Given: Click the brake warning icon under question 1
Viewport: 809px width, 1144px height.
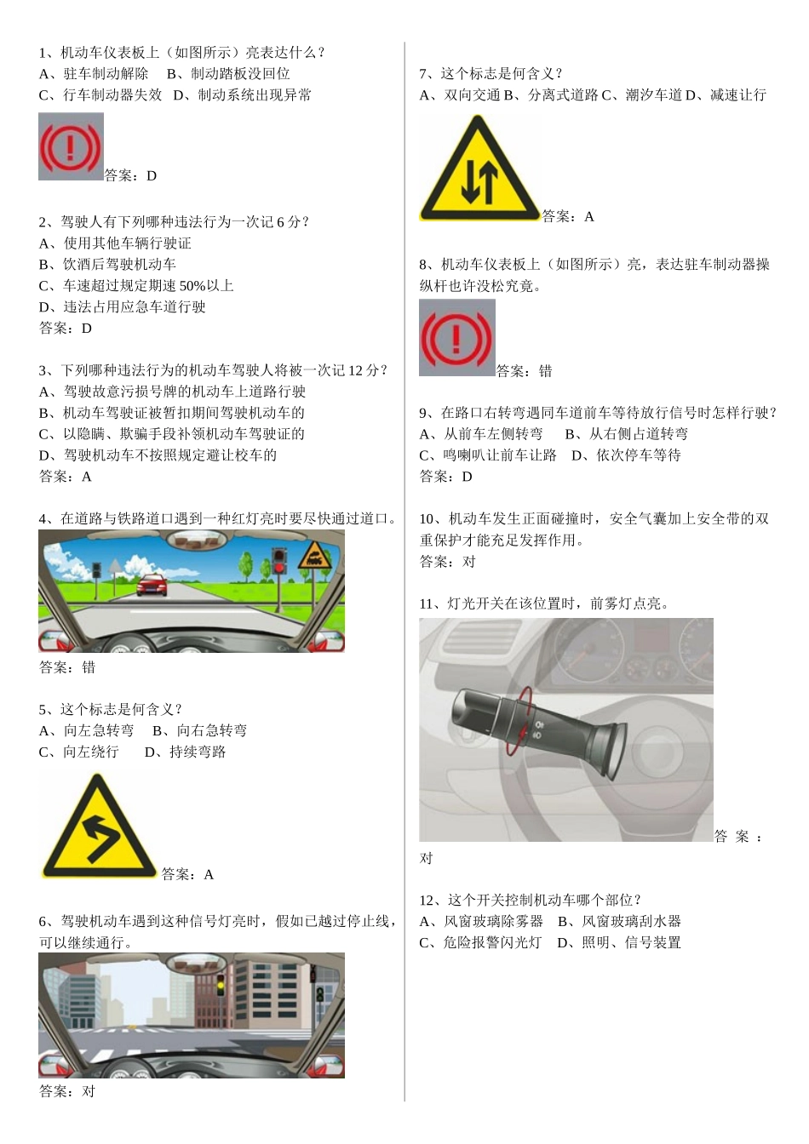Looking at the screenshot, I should [x=71, y=146].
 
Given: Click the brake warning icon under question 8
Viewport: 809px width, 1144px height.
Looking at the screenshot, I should [x=456, y=338].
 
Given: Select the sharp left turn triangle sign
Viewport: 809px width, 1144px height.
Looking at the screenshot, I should [x=99, y=828].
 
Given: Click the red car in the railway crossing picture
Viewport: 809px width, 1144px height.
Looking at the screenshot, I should [x=152, y=584].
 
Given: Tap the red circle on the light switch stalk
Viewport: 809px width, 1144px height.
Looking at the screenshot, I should [x=519, y=721].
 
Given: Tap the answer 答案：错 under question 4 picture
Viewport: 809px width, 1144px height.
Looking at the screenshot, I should [x=67, y=667].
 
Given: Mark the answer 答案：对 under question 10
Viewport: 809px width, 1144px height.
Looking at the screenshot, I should [x=447, y=562].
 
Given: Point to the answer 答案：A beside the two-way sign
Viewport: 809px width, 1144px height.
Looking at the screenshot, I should [x=568, y=217].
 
